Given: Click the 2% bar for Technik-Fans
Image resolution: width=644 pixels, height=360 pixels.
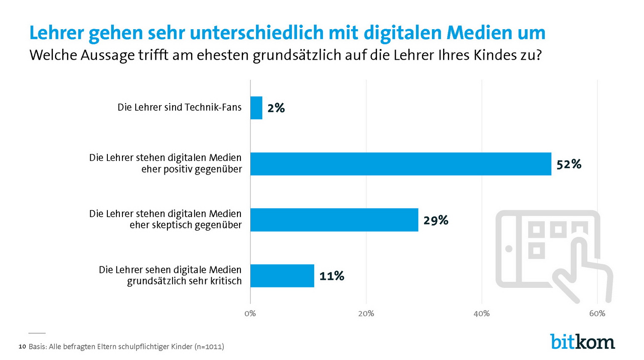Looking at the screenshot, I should click(x=256, y=108).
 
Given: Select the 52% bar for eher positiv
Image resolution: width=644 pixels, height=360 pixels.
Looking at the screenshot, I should click(x=401, y=164).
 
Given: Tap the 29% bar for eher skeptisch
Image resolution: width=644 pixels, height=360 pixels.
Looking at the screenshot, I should click(x=334, y=220).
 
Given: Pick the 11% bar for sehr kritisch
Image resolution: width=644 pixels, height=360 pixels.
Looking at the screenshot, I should click(x=282, y=275).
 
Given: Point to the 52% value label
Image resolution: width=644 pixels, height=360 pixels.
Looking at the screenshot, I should click(x=569, y=164).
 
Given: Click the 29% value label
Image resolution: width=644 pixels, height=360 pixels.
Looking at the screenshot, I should click(x=436, y=221).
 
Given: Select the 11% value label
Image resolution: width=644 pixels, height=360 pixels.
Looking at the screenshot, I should click(x=331, y=276).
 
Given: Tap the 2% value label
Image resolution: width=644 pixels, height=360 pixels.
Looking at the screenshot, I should click(x=276, y=108).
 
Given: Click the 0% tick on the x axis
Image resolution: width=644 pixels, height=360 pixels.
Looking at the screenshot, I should click(x=250, y=314).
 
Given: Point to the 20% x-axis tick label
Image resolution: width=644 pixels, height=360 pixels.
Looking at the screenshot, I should click(x=366, y=314).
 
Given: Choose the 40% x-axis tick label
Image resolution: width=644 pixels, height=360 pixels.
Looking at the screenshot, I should click(x=481, y=314).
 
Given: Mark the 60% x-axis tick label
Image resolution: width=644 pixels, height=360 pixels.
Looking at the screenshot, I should click(x=597, y=314).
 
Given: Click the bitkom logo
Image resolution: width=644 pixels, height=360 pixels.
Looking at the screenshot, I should click(x=583, y=342).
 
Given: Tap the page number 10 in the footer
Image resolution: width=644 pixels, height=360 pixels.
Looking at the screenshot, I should click(x=22, y=346).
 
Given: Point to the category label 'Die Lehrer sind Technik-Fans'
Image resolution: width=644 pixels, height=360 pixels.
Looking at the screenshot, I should click(x=179, y=107).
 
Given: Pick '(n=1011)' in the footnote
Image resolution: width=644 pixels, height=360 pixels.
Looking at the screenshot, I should click(x=209, y=346).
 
